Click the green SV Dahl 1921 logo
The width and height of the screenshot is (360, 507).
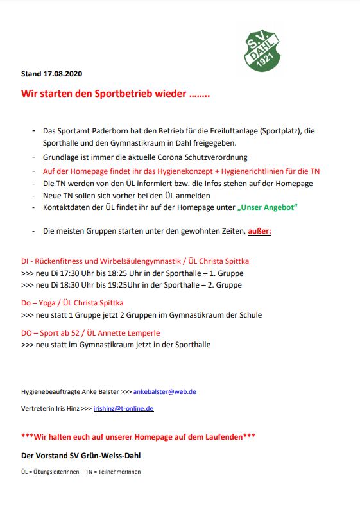click(x=262, y=47)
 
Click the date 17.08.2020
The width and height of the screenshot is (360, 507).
click(x=65, y=74)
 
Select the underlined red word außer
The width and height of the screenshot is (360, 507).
click(x=259, y=230)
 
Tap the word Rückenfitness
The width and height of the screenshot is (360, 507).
click(x=67, y=261)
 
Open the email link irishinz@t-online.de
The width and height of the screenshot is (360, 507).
click(x=123, y=408)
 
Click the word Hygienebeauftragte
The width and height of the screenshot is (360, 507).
click(x=50, y=391)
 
